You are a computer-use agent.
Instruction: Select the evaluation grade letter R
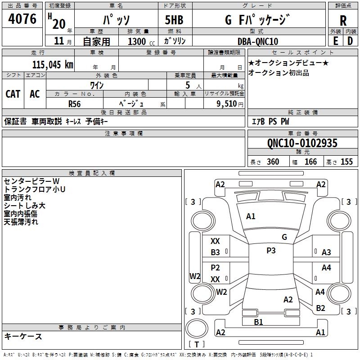pyautogui.click(x=343, y=21)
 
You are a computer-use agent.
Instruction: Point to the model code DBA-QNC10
pyautogui.click(x=258, y=41)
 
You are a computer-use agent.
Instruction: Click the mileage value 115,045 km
pyautogui.click(x=53, y=64)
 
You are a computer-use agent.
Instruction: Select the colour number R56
pyautogui.click(x=74, y=103)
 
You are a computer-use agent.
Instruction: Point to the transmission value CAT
pyautogui.click(x=13, y=94)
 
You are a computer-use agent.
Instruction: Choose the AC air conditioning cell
pyautogui.click(x=35, y=94)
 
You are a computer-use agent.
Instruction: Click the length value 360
pyautogui.click(x=273, y=162)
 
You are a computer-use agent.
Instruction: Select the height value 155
pyautogui.click(x=346, y=162)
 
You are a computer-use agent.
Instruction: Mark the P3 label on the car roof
pyautogui.click(x=271, y=251)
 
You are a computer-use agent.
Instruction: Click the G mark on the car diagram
pyautogui.click(x=284, y=237)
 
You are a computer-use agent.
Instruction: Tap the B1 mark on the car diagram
pyautogui.click(x=258, y=322)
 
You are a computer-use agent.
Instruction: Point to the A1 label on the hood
pyautogui.click(x=251, y=216)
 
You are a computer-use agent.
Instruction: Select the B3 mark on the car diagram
pyautogui.click(x=216, y=252)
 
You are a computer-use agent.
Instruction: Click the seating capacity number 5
pyautogui.click(x=187, y=85)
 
